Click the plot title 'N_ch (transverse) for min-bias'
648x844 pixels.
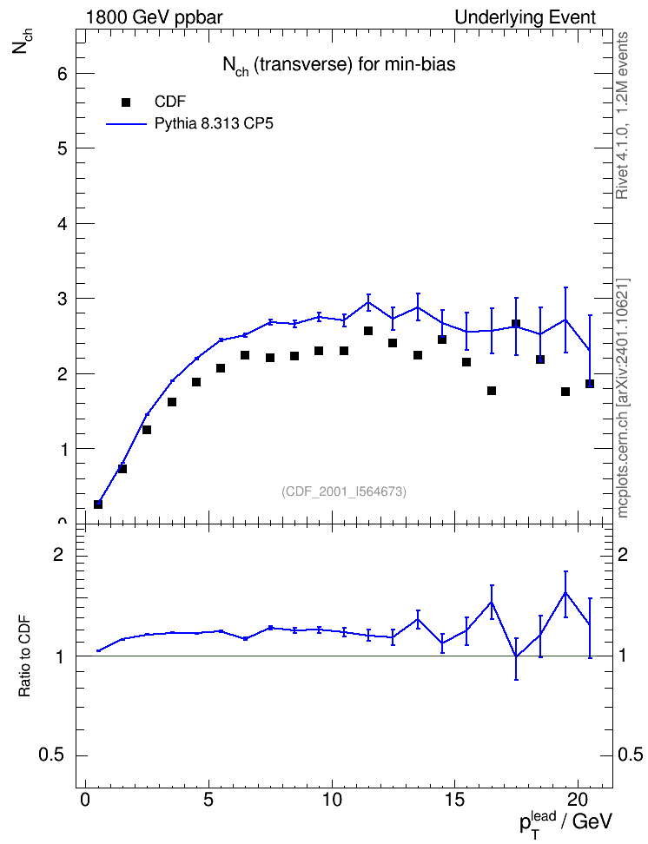340,65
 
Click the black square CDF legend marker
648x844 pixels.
126,102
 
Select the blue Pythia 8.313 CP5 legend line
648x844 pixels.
127,124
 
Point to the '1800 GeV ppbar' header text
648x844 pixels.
154,17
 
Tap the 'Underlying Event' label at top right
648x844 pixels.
526,17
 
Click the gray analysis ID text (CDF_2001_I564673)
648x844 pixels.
344,491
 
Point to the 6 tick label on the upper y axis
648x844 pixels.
63,73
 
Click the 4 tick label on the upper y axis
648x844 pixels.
63,223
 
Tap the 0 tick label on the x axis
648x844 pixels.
85,800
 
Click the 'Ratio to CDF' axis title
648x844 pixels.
25,656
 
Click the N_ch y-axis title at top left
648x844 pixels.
21,41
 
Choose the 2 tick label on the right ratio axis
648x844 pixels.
623,554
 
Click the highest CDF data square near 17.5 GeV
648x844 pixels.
516,324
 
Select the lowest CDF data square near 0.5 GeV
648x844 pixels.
98,504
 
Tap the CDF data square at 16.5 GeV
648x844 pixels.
492,391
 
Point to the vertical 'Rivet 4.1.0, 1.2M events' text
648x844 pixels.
623,115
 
